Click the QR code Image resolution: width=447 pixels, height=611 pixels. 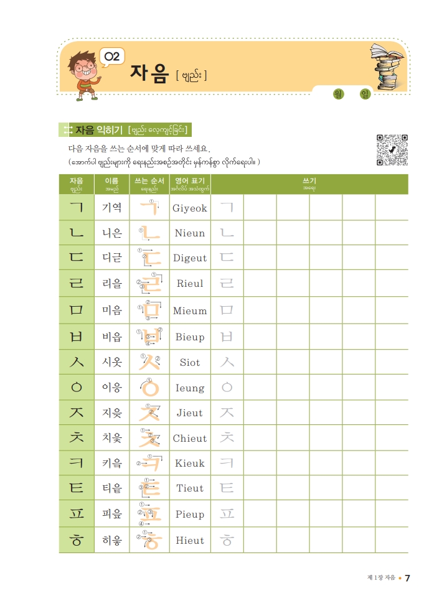[392, 150]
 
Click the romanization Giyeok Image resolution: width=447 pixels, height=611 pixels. [189, 208]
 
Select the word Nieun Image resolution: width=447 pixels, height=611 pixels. [189, 233]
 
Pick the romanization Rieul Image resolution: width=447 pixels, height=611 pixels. [189, 284]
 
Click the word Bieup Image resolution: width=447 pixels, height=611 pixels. [189, 337]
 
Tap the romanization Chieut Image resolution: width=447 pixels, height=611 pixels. [189, 438]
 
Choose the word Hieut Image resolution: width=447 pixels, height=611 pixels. [189, 540]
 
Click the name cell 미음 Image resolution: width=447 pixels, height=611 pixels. [112, 310]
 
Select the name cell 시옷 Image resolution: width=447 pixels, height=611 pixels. [112, 362]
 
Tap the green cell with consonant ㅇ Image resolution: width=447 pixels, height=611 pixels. [77, 388]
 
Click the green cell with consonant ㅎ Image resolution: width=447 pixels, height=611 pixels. [77, 540]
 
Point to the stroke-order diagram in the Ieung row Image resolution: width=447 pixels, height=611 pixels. [149, 388]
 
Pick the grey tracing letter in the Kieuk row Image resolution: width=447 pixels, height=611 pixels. [227, 464]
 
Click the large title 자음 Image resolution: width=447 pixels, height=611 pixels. [149, 73]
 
